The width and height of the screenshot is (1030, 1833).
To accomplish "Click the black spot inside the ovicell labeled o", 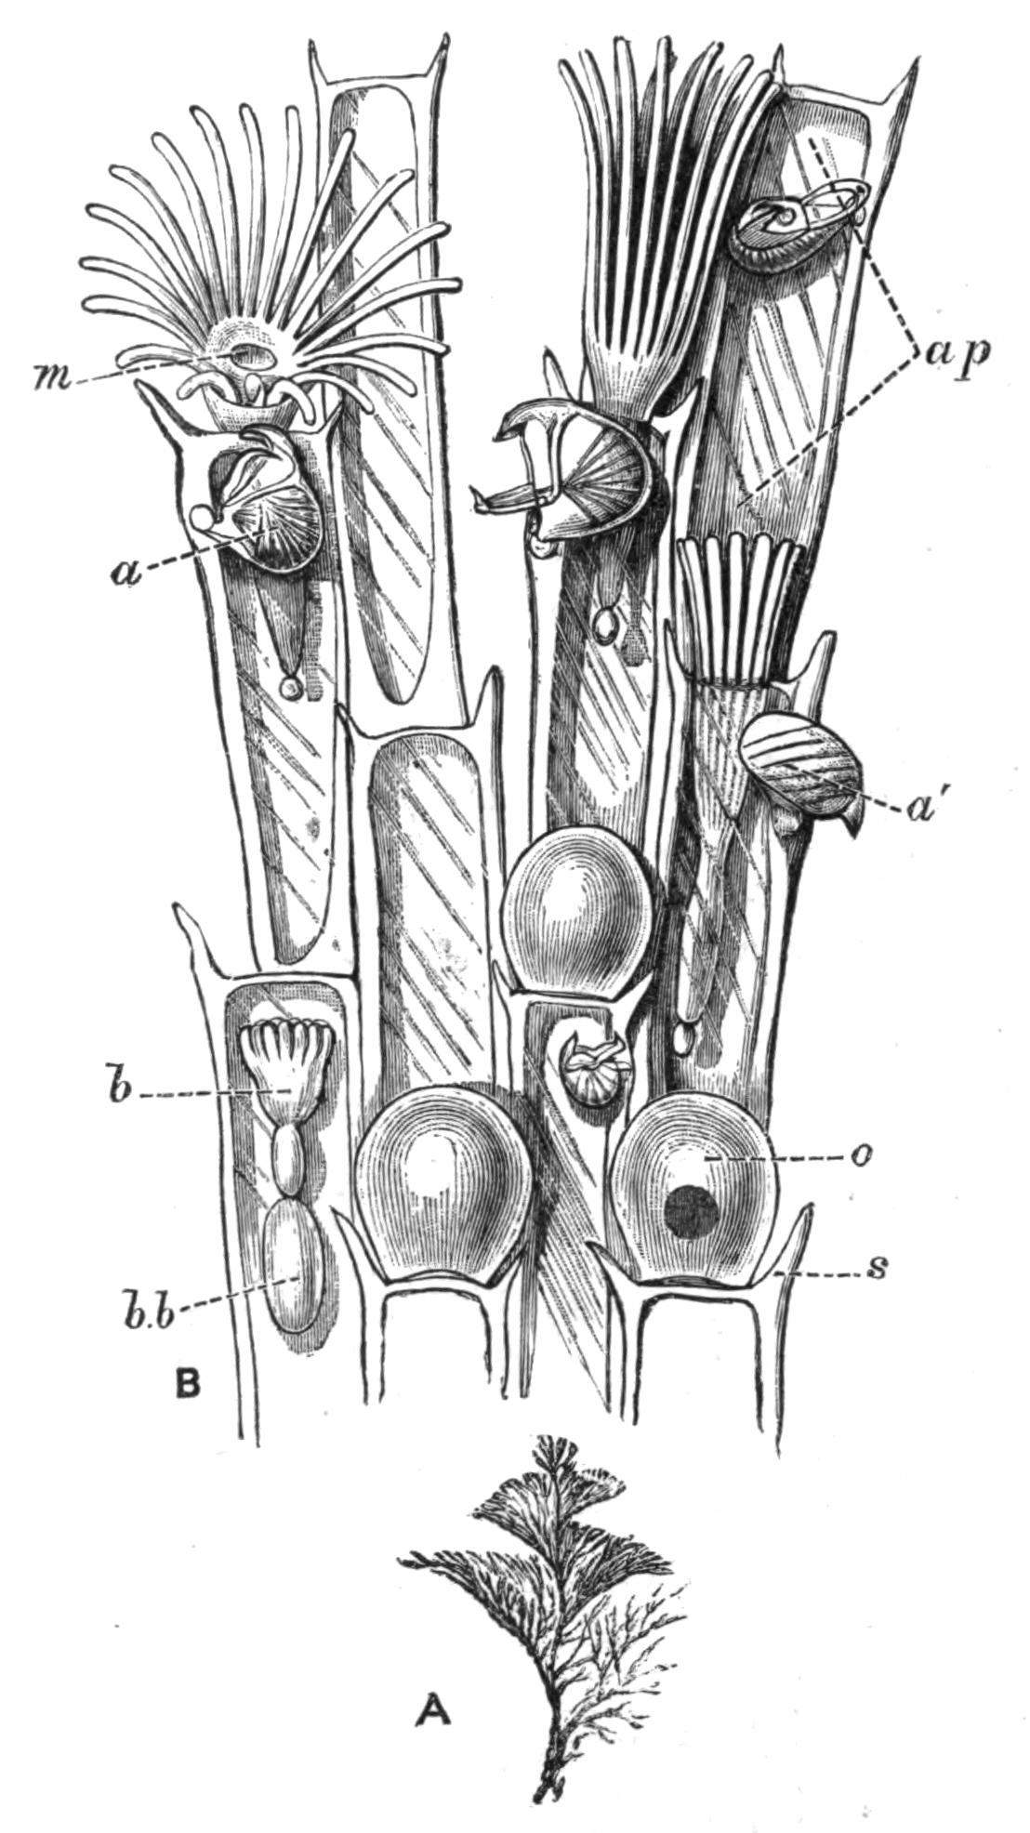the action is (694, 1215).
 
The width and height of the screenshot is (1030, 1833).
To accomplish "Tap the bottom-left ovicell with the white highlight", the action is (443, 1190).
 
